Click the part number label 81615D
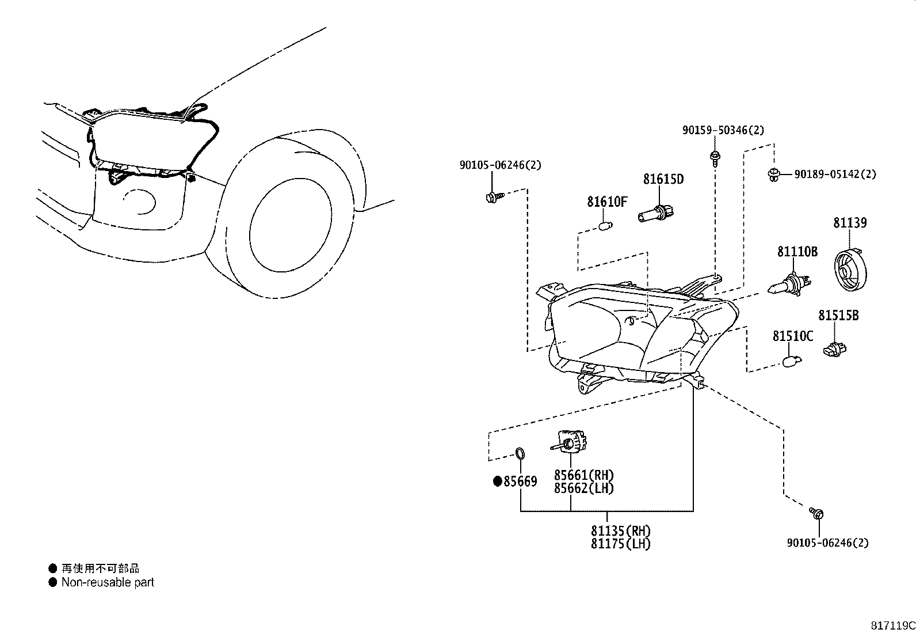(663, 179)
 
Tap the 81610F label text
(607, 202)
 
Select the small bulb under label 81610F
(605, 226)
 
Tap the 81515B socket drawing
(835, 348)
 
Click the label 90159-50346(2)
(723, 131)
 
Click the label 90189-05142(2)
(835, 174)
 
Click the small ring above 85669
(520, 454)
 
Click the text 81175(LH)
(620, 544)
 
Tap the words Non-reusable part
(108, 582)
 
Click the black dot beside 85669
(498, 482)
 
